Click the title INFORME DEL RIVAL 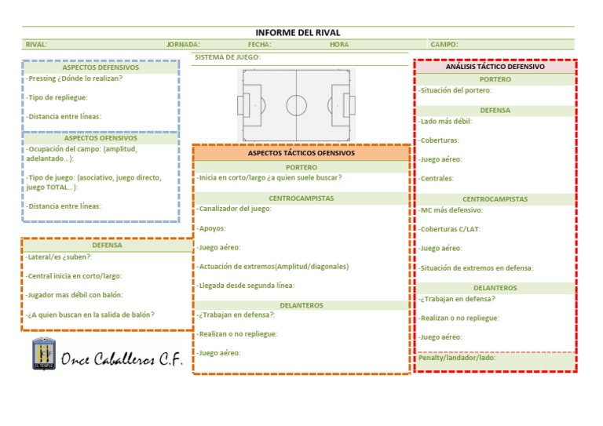(298, 33)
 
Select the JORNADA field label (183, 45)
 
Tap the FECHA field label (260, 45)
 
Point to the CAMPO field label (444, 45)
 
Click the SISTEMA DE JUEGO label (227, 57)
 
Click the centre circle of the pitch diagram (297, 105)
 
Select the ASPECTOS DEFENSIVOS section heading (100, 67)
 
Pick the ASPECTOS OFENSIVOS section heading (100, 138)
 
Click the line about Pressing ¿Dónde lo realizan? (75, 78)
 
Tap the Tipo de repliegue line (57, 97)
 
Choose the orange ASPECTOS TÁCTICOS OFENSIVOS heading (301, 153)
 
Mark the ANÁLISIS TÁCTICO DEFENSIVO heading (495, 67)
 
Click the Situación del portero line (455, 90)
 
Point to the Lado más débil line (445, 122)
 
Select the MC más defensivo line (451, 210)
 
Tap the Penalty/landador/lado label (457, 358)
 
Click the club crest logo (44, 354)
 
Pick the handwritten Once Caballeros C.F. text (122, 359)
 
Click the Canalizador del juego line (234, 209)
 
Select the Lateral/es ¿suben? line (59, 257)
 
